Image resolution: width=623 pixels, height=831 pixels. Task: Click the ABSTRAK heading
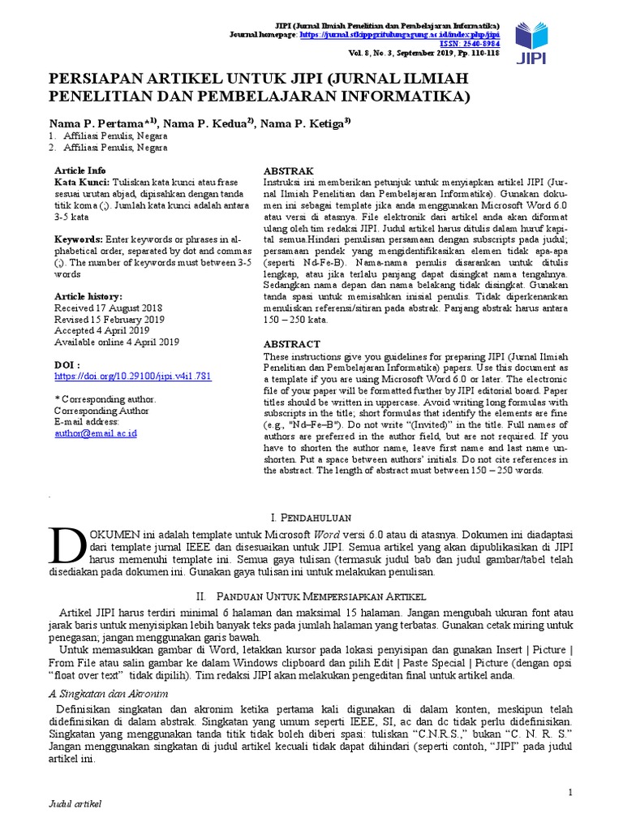pos(290,171)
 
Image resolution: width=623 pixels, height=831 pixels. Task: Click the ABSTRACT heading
pos(293,343)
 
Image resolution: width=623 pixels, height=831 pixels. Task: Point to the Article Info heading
pos(79,170)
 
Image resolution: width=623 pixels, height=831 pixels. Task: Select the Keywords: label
pos(79,240)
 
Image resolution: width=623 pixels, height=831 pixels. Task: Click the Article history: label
pos(88,297)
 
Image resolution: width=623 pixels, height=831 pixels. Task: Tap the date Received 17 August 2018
pos(108,308)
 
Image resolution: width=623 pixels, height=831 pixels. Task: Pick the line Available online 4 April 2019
pos(116,342)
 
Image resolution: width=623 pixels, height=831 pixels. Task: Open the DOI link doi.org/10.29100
pos(133,377)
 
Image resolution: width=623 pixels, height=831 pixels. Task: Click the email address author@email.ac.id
pos(95,433)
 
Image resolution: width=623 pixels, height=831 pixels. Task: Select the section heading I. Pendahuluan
pos(311,516)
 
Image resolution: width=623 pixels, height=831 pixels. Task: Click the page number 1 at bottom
pos(570,792)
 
